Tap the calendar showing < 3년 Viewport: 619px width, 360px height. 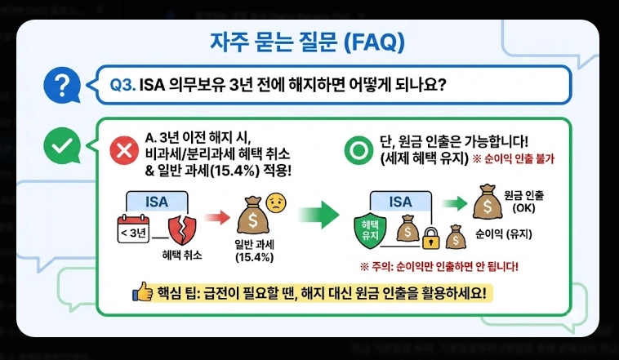pyautogui.click(x=135, y=232)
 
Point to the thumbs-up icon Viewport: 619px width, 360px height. pyautogui.click(x=142, y=292)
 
